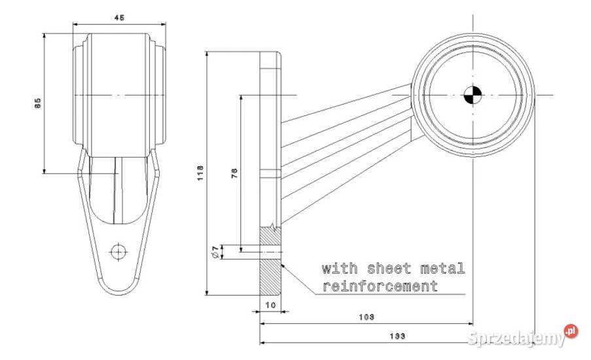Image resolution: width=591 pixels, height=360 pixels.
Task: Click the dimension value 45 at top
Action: [119, 18]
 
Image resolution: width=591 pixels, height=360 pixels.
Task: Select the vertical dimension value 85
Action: [37, 102]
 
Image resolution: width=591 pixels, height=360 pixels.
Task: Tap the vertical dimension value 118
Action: [201, 173]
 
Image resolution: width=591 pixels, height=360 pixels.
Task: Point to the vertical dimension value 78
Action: [234, 173]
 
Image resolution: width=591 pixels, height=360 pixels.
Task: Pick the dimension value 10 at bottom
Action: [270, 306]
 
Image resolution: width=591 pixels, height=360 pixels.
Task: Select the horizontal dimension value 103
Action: [367, 317]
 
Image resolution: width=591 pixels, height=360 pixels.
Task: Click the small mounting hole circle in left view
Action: [118, 251]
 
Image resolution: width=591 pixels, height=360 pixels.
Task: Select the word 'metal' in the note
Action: [443, 268]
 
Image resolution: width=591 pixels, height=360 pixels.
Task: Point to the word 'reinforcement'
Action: [380, 286]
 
